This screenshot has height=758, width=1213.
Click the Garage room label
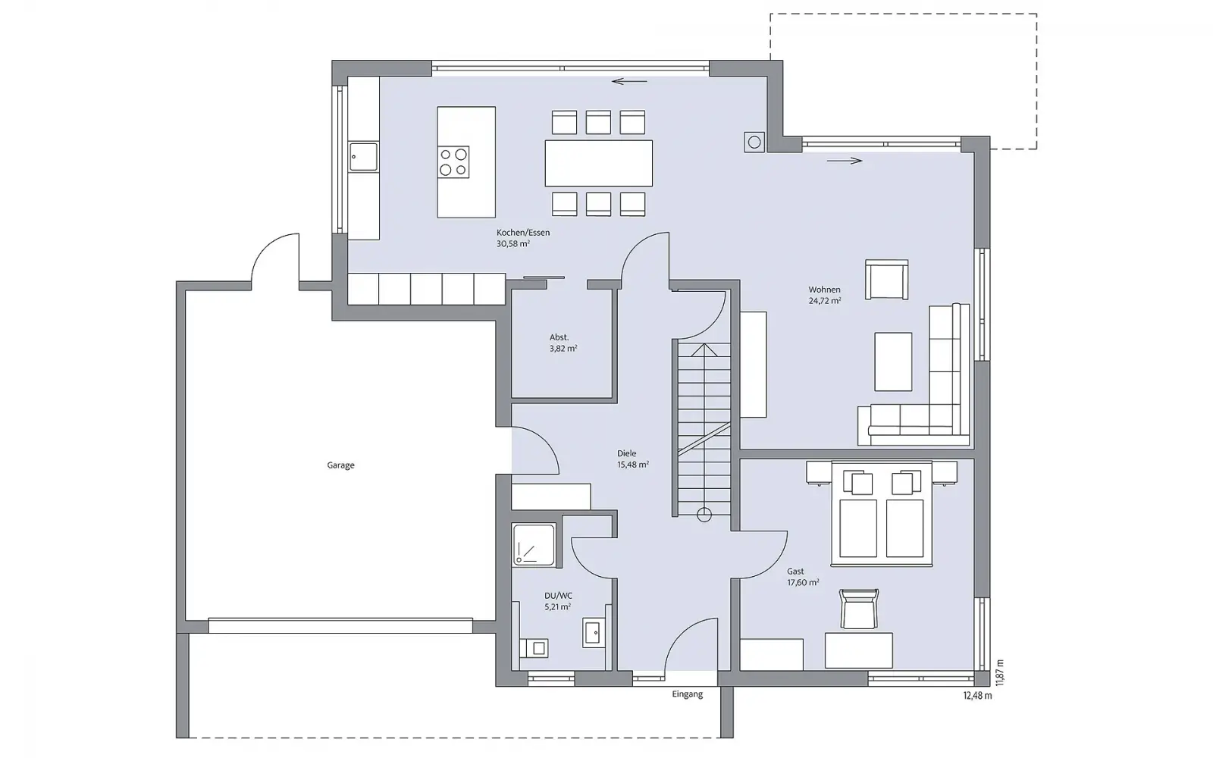[340, 465]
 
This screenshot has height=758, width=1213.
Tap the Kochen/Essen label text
[523, 233]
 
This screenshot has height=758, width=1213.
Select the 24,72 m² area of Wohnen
[825, 301]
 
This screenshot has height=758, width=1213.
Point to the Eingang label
[687, 694]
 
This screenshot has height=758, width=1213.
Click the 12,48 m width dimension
[977, 696]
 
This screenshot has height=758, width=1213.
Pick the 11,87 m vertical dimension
[1000, 673]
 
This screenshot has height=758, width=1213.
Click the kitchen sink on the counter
[363, 157]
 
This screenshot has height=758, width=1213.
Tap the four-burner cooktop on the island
[453, 162]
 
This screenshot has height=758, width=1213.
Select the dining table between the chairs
[598, 163]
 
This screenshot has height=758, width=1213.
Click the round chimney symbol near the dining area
[754, 143]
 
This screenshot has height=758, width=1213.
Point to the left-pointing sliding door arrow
[629, 82]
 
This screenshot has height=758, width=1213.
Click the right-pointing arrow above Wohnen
[845, 160]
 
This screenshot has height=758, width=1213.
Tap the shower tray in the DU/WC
[534, 545]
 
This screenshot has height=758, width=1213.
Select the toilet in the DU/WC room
[534, 648]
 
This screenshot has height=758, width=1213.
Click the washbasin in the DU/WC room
[594, 632]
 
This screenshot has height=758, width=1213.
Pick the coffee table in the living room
[893, 362]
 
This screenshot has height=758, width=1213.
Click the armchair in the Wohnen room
[886, 280]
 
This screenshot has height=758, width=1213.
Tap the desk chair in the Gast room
[859, 609]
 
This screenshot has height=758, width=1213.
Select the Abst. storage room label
[559, 337]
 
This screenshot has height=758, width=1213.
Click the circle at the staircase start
[704, 515]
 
